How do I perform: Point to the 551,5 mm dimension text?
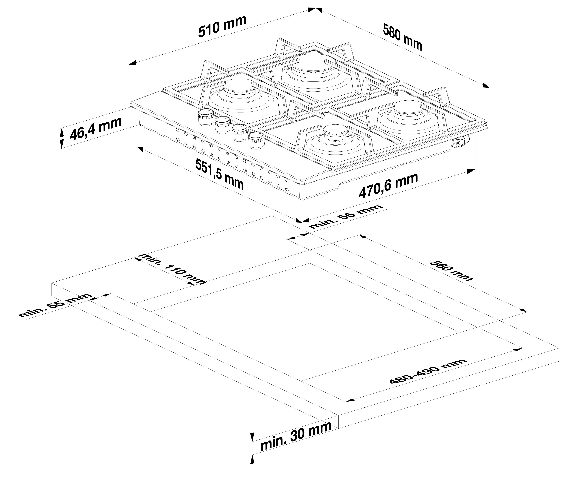coord(219,174)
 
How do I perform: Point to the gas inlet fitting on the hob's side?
coord(461,141)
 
